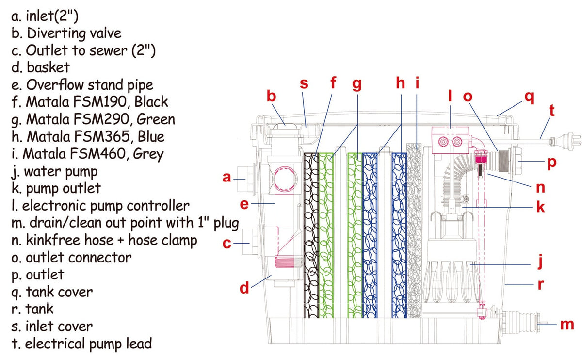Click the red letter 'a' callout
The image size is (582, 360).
pyautogui.click(x=226, y=178)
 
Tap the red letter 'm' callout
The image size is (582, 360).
pyautogui.click(x=567, y=324)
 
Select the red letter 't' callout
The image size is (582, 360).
pyautogui.click(x=551, y=111)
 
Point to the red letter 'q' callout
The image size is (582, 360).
pyautogui.click(x=529, y=97)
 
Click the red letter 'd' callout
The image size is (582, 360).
pyautogui.click(x=244, y=289)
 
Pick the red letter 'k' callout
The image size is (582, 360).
pyautogui.click(x=540, y=208)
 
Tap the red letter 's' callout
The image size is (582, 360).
pyautogui.click(x=304, y=83)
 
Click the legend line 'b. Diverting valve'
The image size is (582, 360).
pyautogui.click(x=65, y=33)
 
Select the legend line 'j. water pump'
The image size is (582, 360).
pyautogui.click(x=54, y=172)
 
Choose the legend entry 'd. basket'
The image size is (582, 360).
pyautogui.click(x=40, y=67)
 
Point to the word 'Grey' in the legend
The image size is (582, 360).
pyautogui.click(x=149, y=154)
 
